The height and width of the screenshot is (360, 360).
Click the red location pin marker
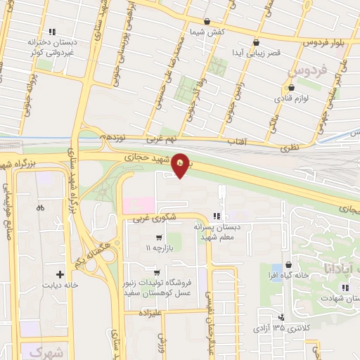182,166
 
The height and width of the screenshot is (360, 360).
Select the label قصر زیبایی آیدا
258,53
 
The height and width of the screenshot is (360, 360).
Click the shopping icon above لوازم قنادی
291,88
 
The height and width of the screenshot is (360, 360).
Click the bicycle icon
40,207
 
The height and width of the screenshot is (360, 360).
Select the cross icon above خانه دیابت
60,275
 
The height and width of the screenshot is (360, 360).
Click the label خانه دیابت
60,287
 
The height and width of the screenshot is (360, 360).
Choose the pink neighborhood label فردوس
309,71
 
